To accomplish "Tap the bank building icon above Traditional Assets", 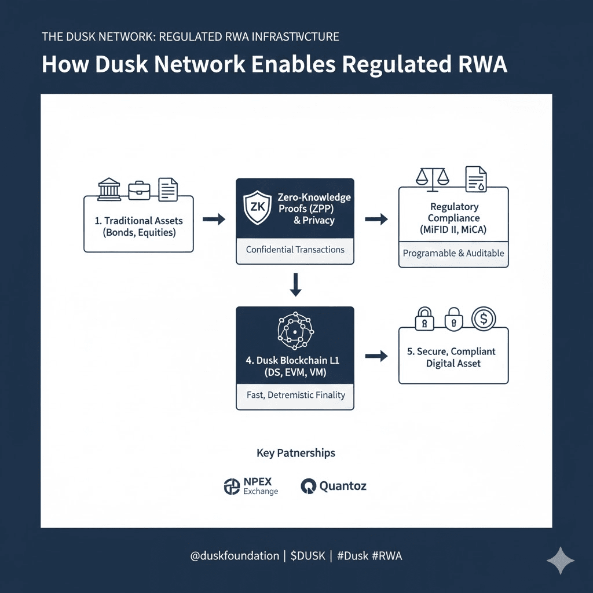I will (109, 189).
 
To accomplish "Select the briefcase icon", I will (139, 190).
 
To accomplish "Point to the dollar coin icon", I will (483, 318).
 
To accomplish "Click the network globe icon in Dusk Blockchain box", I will (295, 331).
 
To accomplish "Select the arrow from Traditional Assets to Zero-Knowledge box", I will (214, 219).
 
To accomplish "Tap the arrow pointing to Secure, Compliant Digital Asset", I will (376, 356).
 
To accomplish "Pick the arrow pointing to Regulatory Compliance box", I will (376, 219).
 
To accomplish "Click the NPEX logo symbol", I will (232, 486).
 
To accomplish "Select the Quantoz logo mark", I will (309, 486).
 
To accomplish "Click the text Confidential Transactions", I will (295, 250).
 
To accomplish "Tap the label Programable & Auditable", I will (453, 253).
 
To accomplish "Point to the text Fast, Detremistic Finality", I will (295, 395).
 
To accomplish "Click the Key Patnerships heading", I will (296, 453).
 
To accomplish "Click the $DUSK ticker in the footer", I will (307, 556).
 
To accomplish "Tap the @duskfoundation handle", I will (235, 556).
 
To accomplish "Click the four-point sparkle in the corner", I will (561, 561).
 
